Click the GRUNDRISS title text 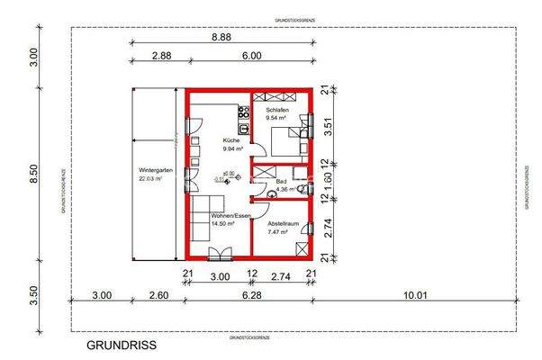coord(122,345)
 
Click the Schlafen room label coord(276,109)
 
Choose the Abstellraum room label coord(277,222)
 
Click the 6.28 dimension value coord(250,294)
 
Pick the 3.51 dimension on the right coord(329,128)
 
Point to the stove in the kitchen coord(242,112)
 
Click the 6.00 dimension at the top coord(251,56)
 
